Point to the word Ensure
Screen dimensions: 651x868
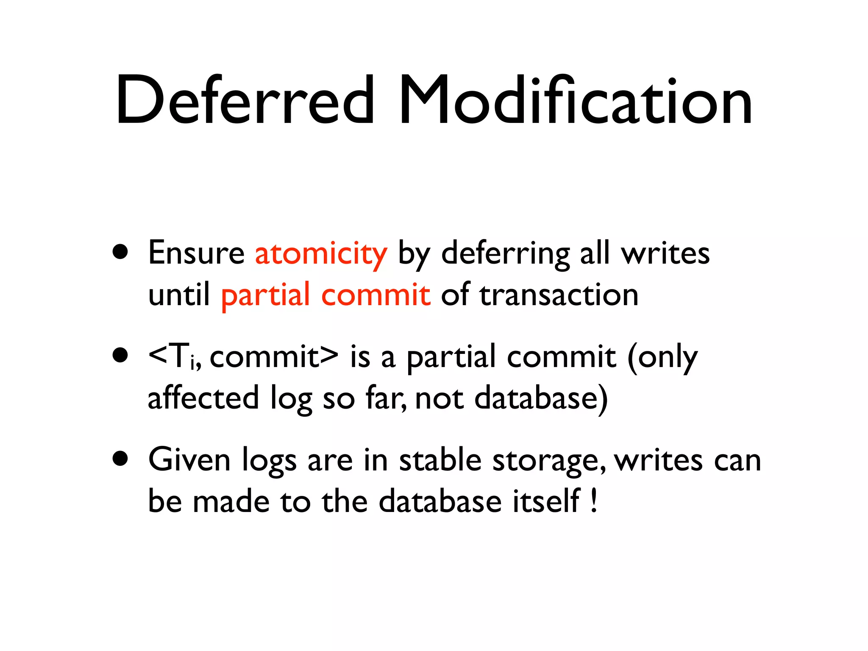(196, 253)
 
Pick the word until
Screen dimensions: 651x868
(179, 295)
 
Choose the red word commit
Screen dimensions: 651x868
(376, 295)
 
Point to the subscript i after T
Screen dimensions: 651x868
(193, 364)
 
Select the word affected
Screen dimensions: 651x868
(203, 398)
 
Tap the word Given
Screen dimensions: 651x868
(189, 460)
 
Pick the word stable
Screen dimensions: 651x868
(440, 460)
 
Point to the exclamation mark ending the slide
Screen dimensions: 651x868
(594, 501)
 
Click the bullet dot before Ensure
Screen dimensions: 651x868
(120, 252)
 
